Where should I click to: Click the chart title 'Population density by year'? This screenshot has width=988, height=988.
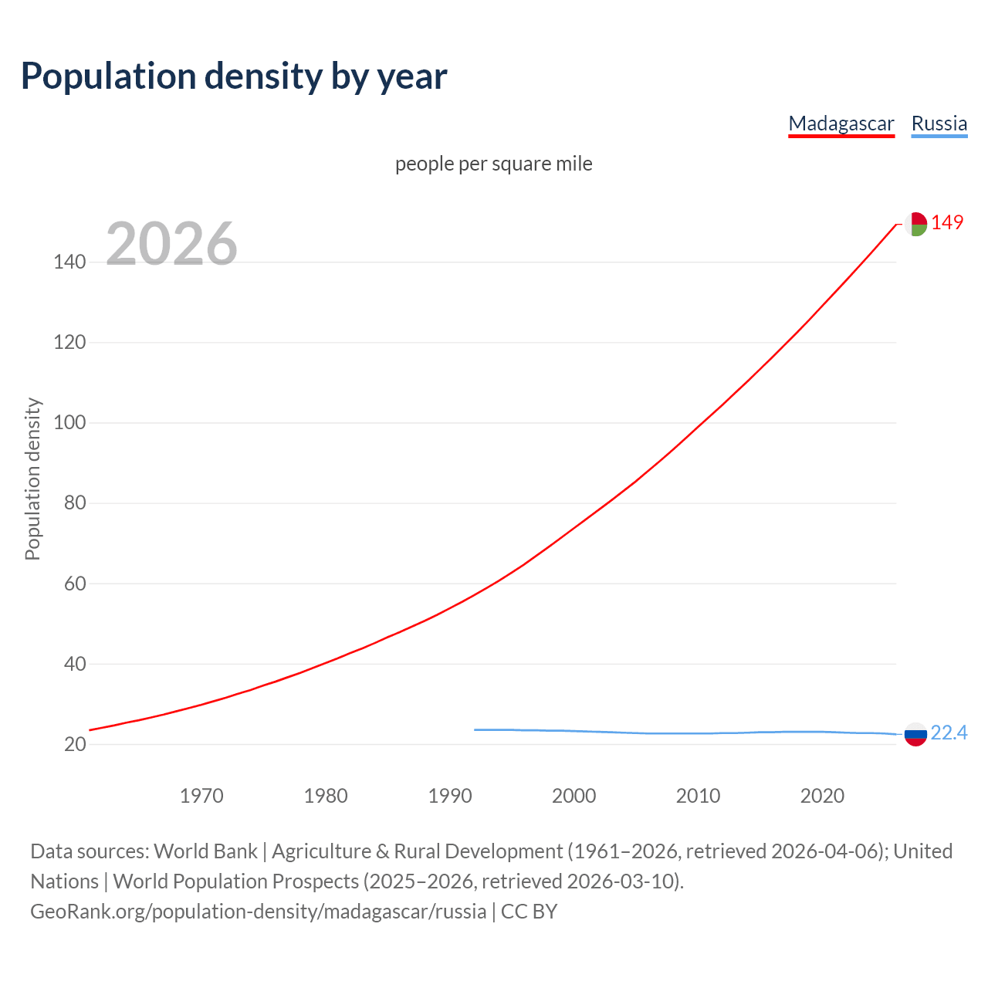[x=234, y=76]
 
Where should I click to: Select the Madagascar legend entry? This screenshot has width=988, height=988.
[x=841, y=123]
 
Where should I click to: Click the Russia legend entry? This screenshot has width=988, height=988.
[x=939, y=123]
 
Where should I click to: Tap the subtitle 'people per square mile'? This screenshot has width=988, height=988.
[x=493, y=164]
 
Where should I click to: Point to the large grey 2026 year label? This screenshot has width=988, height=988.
[x=171, y=244]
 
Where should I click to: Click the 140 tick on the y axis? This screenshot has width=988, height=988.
[x=69, y=262]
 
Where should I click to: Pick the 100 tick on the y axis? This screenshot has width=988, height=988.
[x=69, y=423]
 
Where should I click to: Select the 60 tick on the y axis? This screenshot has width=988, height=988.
[x=69, y=584]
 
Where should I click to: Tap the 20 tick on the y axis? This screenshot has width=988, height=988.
[x=69, y=744]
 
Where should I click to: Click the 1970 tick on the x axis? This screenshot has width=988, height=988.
[x=201, y=796]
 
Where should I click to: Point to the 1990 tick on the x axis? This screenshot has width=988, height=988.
[x=450, y=796]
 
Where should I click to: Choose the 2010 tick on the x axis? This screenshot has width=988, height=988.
[x=698, y=796]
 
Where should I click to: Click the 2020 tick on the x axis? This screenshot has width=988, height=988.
[x=822, y=796]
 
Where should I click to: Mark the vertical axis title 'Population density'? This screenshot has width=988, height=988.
[x=32, y=479]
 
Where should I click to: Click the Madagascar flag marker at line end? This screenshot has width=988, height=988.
[x=915, y=224]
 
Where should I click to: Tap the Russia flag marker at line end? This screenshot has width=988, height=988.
[x=915, y=734]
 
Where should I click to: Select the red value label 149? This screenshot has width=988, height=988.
[x=947, y=223]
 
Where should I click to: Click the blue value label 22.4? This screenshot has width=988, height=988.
[x=949, y=733]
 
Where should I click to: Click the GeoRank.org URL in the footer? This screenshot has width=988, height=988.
[x=258, y=912]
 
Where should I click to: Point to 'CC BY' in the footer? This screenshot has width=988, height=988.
[x=530, y=912]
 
